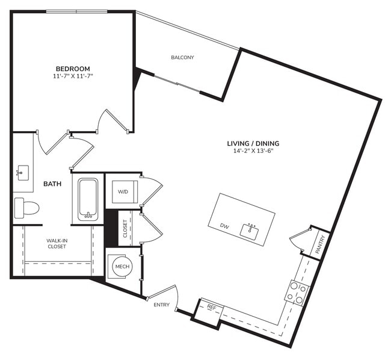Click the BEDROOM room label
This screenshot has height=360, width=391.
pos(73,69)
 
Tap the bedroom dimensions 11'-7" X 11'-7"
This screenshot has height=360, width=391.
pos(73,76)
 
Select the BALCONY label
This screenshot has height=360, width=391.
pos(182,58)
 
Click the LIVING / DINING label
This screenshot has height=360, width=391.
pos(253,143)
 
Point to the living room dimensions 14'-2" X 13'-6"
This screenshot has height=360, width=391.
pos(253,151)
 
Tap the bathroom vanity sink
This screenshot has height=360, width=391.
pos(22,173)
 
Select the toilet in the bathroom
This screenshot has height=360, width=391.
pos(26,208)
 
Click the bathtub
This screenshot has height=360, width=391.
pos(88,199)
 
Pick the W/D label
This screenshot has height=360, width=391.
pos(123,192)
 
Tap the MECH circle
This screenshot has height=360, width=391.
pos(123,266)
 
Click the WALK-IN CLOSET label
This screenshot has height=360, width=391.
pos(57,243)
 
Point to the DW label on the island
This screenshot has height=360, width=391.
pos(224,226)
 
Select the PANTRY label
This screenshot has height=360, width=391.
pos(319,244)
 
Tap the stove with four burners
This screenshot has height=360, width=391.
pos(296,293)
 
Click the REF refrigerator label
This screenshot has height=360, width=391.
pos(211,308)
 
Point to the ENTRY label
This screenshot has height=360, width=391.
pos(161,305)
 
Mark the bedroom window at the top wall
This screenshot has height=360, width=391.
pos(77,11)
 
